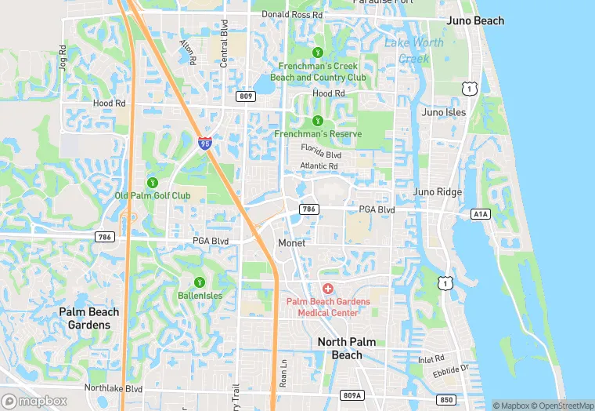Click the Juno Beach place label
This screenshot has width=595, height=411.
point(475,21)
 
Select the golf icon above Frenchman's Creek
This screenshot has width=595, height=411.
point(317,53)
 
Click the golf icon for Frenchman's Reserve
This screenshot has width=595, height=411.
point(317,121)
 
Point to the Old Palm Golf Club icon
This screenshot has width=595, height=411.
point(153,182)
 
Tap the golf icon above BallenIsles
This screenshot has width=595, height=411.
point(199,282)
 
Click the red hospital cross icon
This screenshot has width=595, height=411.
point(327,289)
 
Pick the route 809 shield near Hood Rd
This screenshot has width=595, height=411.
point(245,96)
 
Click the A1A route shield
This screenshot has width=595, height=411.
point(480,213)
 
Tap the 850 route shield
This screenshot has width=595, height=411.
point(446,399)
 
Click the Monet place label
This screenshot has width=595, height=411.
point(292,243)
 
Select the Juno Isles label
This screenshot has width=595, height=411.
point(444,112)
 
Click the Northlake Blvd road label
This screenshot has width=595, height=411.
point(114,388)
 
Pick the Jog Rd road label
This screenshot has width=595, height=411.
point(62,57)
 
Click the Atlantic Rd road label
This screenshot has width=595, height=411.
point(319,166)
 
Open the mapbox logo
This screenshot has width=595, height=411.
point(34,401)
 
